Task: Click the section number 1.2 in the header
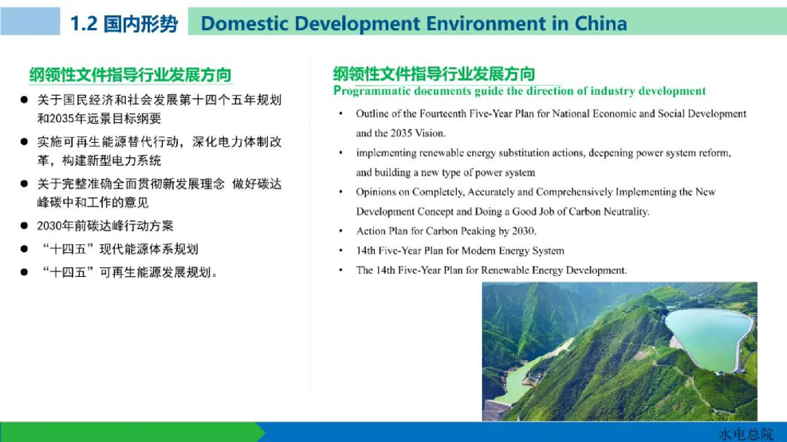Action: click(x=84, y=24)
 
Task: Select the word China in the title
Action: click(x=601, y=24)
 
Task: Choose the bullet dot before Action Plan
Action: click(x=341, y=231)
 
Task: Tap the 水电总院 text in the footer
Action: click(x=746, y=434)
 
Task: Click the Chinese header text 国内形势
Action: click(x=141, y=24)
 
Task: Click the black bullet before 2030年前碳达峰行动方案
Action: click(x=24, y=226)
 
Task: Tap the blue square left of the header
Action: click(x=30, y=21)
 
